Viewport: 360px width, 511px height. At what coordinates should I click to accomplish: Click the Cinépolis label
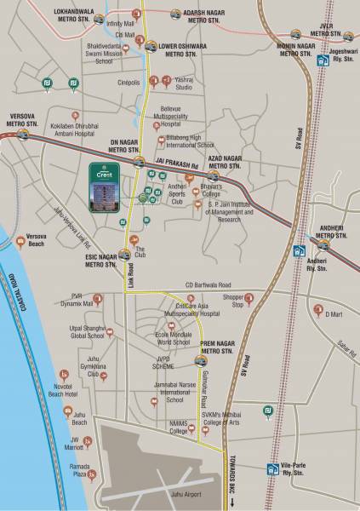pos(128,83)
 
